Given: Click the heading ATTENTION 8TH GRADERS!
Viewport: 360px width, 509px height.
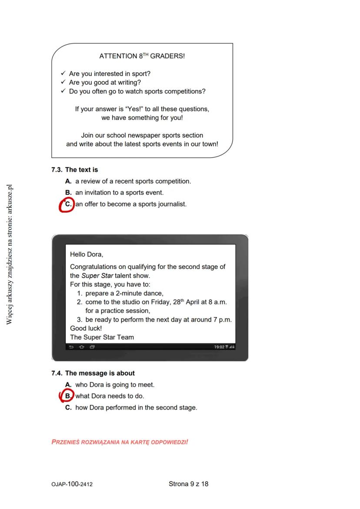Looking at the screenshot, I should (142, 56).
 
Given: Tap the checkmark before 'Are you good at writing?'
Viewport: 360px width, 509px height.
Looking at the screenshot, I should (63, 82).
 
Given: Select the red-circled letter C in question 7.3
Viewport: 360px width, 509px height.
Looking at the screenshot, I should (68, 204).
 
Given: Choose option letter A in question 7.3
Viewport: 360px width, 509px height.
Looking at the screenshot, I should (68, 181).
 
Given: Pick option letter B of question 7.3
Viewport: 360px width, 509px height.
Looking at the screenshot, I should (68, 193).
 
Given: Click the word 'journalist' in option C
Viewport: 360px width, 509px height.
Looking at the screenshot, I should (172, 204).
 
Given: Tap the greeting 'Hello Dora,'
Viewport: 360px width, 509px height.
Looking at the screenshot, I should (87, 254).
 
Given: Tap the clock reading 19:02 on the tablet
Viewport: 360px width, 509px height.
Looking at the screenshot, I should (220, 347).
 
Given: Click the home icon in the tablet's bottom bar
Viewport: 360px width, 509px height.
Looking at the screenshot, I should (82, 347).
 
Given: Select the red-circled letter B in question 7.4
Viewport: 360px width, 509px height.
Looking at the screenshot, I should (68, 396).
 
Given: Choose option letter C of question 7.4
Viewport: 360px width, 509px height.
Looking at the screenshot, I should (68, 408).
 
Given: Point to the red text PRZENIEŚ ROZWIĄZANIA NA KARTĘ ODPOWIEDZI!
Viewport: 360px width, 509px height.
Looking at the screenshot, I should (120, 442).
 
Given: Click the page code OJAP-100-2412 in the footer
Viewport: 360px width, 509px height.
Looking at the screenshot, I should (71, 484).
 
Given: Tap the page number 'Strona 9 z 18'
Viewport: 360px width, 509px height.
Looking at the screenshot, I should (188, 484).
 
